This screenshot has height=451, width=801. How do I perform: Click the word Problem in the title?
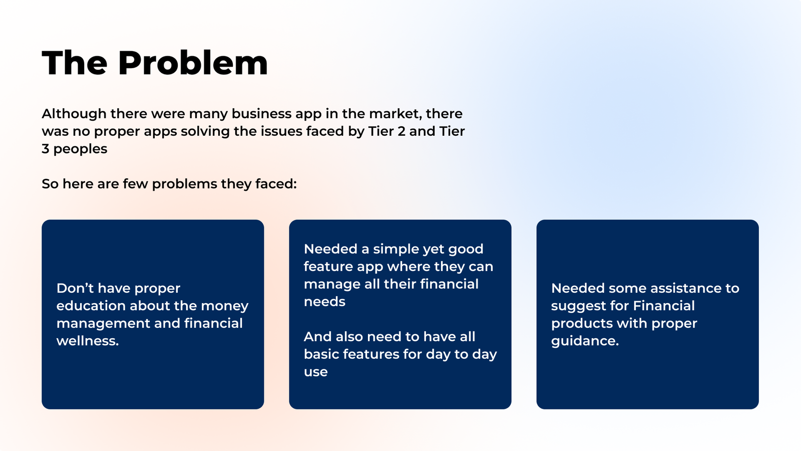coord(193,63)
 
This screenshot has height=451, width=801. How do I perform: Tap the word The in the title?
coord(75,63)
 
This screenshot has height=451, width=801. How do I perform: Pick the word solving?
coord(205,132)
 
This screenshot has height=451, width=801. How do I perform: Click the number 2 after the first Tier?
coord(401,131)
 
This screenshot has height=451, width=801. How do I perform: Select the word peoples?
coord(80,149)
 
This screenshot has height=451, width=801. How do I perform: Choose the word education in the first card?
coord(91,306)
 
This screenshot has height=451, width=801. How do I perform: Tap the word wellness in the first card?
coord(87,341)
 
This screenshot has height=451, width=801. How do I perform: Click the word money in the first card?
coord(225,306)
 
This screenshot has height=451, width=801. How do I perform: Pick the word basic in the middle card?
coord(321,354)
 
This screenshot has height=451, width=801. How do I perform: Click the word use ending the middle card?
coord(316,372)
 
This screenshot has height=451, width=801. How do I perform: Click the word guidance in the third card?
coord(585,341)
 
